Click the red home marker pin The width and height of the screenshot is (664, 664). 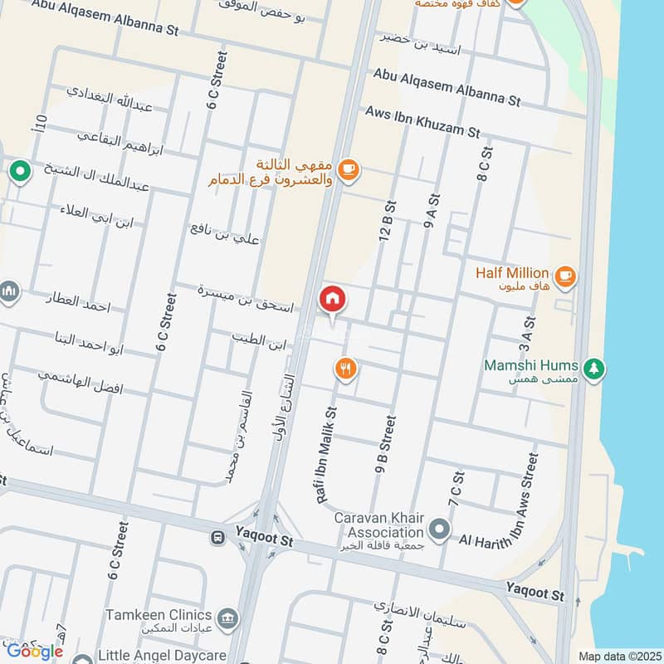point(332,299)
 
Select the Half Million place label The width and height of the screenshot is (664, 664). point(512,273)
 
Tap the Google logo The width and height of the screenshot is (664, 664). point(35,651)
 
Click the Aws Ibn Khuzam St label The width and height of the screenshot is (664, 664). point(422,121)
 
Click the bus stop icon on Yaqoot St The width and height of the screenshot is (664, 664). point(218,538)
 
